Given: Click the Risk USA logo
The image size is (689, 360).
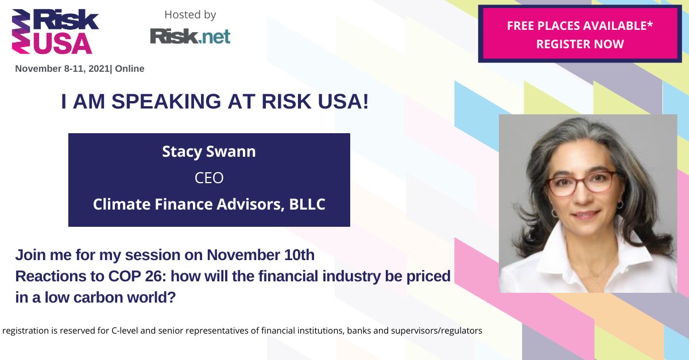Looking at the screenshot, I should tap(55, 32).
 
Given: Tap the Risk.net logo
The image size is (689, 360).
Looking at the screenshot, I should tap(190, 36).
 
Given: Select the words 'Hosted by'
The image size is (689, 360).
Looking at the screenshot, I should tap(190, 14).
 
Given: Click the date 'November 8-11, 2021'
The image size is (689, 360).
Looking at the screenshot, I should tap(62, 69).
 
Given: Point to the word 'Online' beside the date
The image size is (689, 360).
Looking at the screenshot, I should tap(130, 69).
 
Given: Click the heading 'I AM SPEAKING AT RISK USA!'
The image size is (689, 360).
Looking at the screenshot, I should tap(215, 102).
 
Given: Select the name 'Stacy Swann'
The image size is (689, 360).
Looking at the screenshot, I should tap(209, 153).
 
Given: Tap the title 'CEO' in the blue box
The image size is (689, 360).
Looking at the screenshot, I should tap(209, 179).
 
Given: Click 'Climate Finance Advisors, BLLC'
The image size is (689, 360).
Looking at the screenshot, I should tap(209, 204).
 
